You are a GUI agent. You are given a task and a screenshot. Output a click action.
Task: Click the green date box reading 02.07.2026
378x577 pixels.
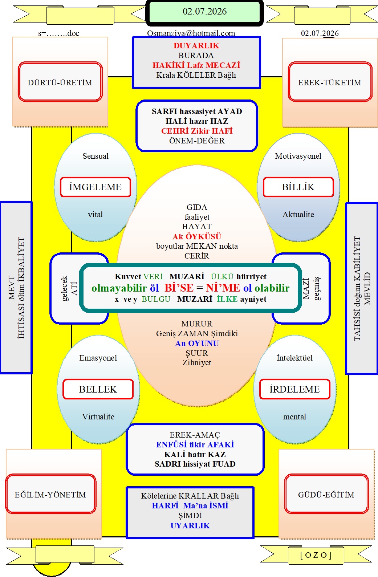point(204,12)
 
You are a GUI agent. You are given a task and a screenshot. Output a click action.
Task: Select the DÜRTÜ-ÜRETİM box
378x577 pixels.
point(60,82)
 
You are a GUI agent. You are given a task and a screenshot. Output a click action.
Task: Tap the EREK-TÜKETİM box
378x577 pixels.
point(330,82)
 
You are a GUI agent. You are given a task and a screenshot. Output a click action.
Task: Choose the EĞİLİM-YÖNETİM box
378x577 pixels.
point(50,494)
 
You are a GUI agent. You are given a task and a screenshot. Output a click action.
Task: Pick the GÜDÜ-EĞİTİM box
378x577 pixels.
point(326,494)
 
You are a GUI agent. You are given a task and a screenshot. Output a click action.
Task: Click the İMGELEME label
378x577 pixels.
point(95,187)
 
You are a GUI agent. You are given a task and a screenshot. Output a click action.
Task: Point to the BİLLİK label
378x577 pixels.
point(298,187)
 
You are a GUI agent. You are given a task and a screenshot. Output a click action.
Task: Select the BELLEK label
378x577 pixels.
point(98,389)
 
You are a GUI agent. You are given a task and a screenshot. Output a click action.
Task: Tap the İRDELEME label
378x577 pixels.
point(294,389)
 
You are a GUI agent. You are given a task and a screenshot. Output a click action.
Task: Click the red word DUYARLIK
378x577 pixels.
point(196,46)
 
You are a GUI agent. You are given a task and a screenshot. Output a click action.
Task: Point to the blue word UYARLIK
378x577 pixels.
point(190,526)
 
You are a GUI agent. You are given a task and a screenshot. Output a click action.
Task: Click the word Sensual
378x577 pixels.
point(95,156)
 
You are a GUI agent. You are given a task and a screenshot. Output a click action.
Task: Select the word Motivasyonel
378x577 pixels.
point(298,156)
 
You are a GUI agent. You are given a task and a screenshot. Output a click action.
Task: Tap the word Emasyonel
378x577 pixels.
point(98,358)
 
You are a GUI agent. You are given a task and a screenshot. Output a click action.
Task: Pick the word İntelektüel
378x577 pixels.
point(294,358)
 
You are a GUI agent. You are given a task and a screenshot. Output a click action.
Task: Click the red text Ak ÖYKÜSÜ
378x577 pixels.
point(197,236)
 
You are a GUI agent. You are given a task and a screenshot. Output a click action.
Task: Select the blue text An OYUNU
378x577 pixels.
point(197,344)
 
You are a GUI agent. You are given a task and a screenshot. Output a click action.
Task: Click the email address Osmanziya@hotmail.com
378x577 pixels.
point(191,33)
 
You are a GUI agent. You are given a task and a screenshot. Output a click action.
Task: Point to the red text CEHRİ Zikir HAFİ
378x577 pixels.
point(197,131)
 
